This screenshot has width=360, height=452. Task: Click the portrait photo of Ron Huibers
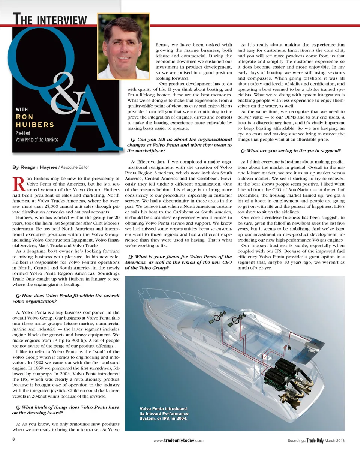[123, 45]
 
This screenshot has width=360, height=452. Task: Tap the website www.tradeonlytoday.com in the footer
[178, 441]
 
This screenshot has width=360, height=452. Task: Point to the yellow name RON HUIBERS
[35, 121]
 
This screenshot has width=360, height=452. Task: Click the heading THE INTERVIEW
[50, 19]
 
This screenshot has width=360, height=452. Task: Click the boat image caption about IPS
[163, 413]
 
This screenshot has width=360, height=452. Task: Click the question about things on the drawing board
[66, 410]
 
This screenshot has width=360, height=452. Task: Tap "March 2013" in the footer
[334, 441]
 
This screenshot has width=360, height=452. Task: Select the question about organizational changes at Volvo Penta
[180, 145]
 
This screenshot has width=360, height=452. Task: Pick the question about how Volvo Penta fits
[66, 299]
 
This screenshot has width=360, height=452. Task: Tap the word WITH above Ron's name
[22, 109]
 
